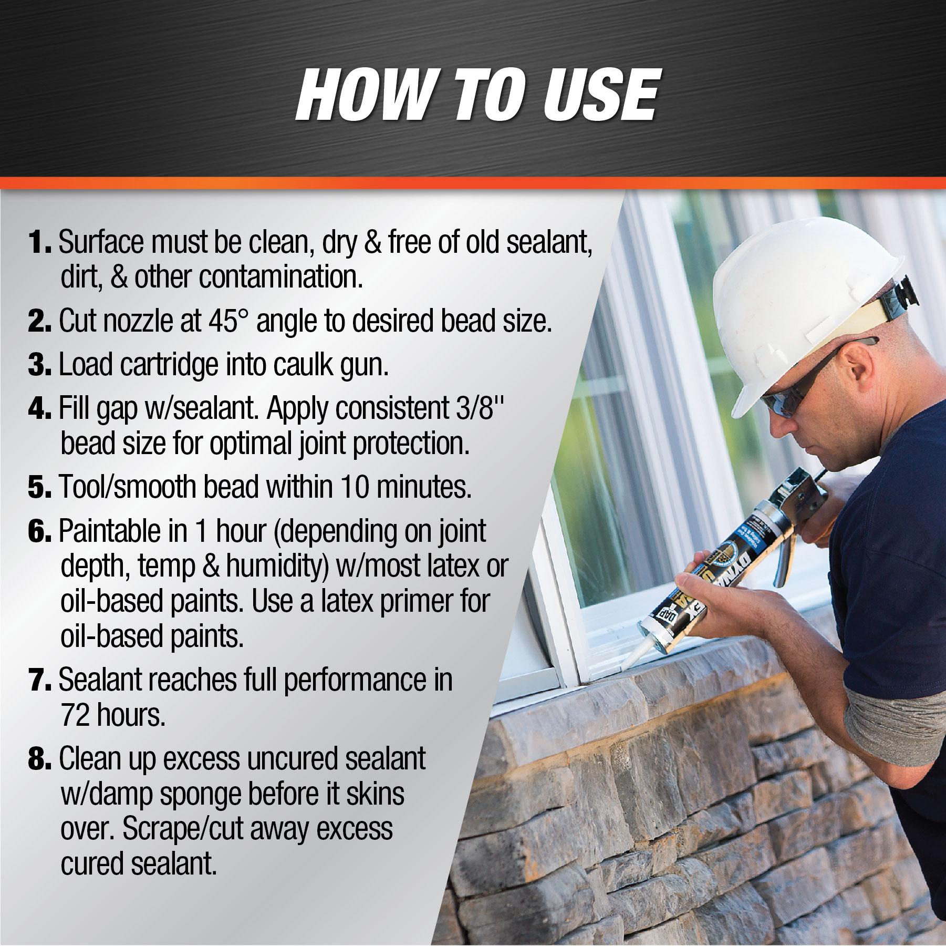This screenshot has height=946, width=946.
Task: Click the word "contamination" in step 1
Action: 280,277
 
